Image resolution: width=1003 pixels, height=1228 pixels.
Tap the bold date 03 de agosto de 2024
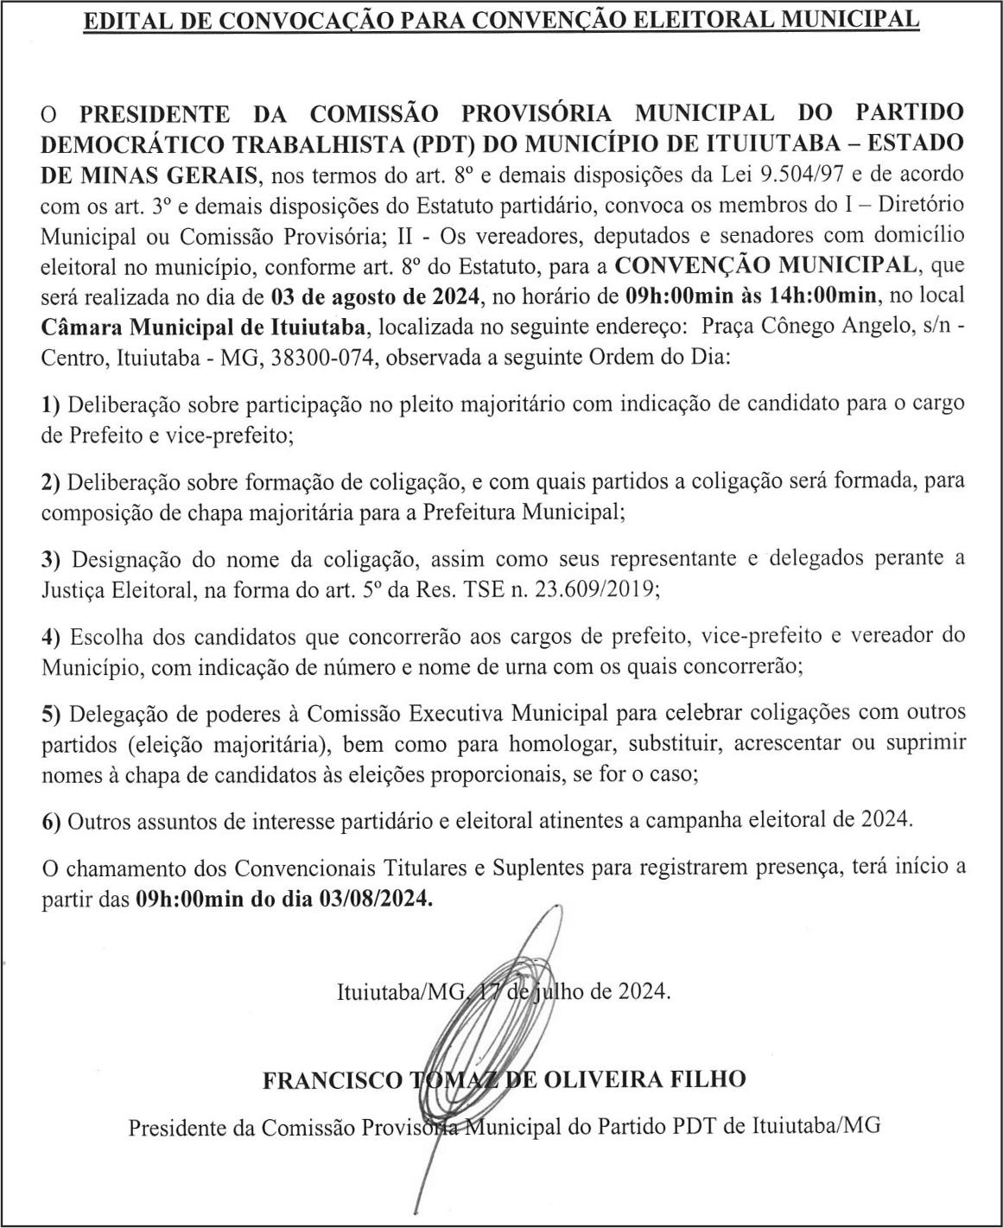tap(375, 297)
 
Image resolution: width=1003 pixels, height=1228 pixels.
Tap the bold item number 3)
tap(51, 559)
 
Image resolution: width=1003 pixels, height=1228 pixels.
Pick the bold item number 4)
tap(51, 637)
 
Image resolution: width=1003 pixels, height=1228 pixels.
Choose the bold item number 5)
tap(51, 714)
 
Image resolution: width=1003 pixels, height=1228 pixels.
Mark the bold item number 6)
tap(51, 822)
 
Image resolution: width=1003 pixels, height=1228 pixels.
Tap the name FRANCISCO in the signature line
tap(333, 1079)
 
